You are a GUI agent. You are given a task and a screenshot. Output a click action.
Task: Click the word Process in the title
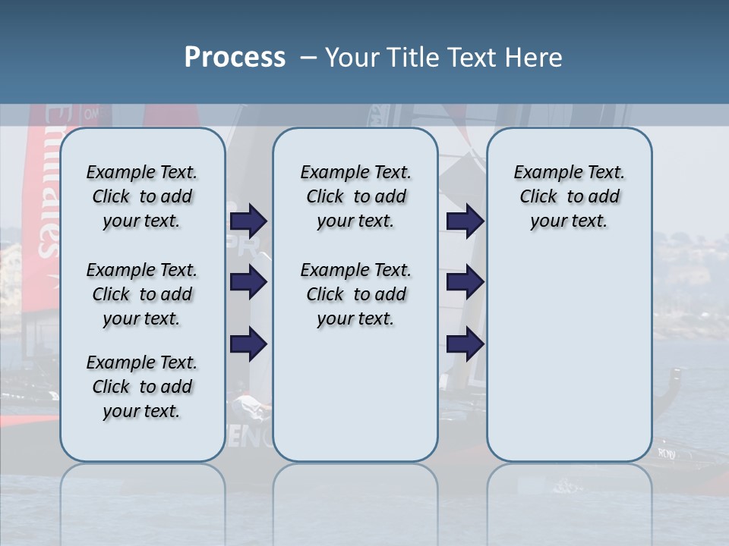coord(235,57)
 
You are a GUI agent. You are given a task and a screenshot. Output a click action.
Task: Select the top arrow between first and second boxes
coord(248,221)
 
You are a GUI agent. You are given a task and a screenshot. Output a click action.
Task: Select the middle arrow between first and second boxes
coord(248,282)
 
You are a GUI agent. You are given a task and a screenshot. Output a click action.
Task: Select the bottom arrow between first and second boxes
coord(248,344)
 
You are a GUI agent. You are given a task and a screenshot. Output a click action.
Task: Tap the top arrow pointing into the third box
coord(465,221)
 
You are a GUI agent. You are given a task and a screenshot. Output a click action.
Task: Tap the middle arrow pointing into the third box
coord(465,282)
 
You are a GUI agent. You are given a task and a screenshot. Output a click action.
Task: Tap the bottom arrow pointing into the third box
coord(465,344)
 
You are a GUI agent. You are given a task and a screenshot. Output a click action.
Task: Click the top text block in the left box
coord(142,196)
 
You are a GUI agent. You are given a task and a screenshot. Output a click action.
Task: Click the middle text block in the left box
coord(142,294)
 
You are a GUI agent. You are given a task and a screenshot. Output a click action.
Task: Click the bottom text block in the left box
coord(142,387)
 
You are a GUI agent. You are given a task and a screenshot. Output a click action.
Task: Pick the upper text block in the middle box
coord(355,196)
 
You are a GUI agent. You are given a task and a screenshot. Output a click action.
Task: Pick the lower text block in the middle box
coord(355,294)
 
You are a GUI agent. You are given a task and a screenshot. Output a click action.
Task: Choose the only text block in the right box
coord(569,196)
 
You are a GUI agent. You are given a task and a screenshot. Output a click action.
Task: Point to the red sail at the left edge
coord(43,190)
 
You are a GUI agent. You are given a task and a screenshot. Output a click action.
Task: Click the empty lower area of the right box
coord(569,364)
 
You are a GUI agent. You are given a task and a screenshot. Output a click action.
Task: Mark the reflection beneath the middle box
coord(355,500)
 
